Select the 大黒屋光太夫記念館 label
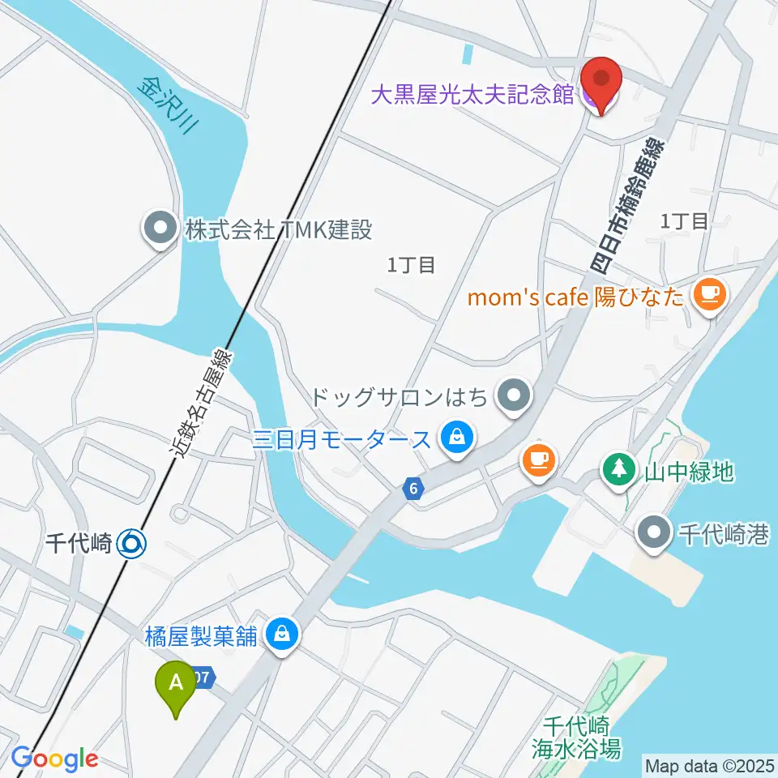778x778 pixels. click(472, 96)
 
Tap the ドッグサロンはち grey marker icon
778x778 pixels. click(513, 397)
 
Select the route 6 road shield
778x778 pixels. click(413, 489)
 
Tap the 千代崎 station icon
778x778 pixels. click(131, 543)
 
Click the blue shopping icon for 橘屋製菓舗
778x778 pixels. click(282, 635)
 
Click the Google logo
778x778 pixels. click(54, 759)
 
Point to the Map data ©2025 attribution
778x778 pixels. click(709, 765)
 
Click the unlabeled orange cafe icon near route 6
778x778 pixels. click(539, 460)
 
